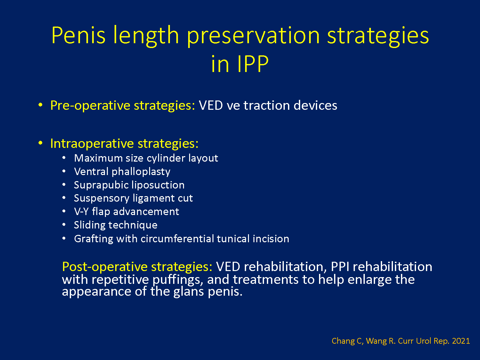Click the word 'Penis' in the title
78,35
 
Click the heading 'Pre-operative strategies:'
123,106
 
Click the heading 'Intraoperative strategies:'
124,144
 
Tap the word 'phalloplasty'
141,172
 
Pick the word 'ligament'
154,199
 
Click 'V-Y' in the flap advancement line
81,212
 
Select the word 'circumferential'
177,239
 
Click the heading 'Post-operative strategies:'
137,267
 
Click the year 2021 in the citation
461,341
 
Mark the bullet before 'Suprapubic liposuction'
64,185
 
